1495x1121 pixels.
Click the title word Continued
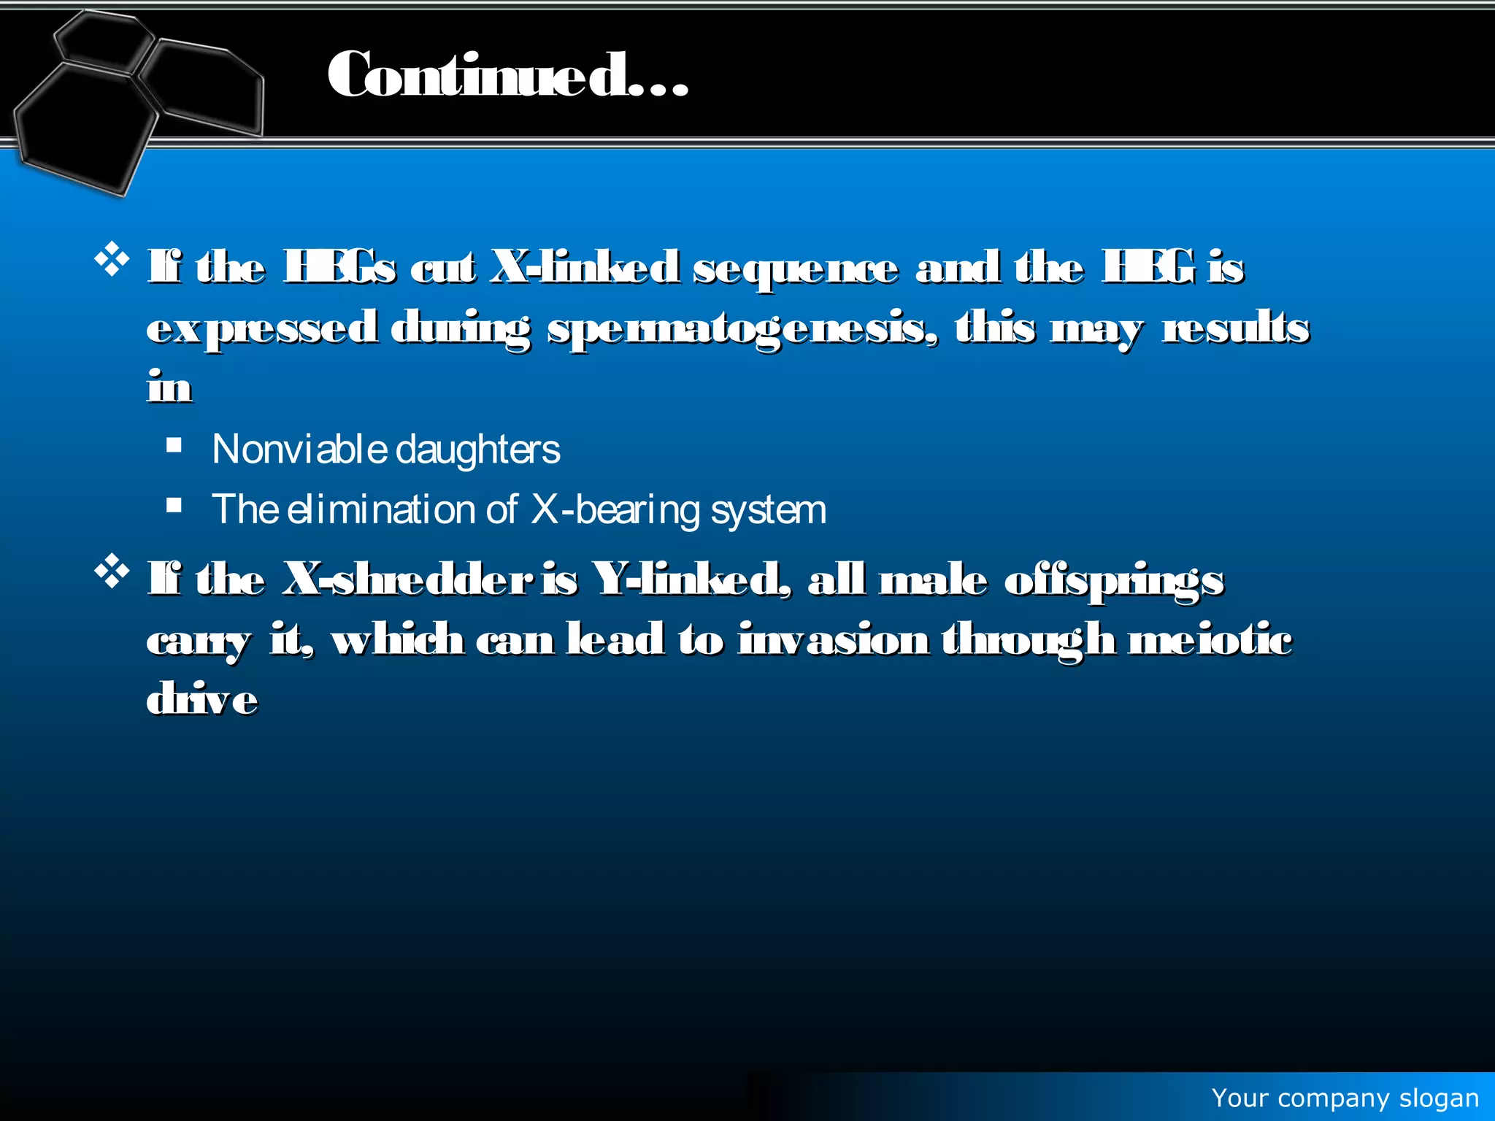[x=507, y=75]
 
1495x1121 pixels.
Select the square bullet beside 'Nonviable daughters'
[x=174, y=445]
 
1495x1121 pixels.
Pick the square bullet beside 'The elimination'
[x=174, y=505]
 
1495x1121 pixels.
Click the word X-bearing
[x=615, y=509]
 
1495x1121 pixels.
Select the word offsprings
[x=1114, y=582]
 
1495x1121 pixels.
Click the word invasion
[x=834, y=640]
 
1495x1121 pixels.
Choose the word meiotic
[x=1210, y=640]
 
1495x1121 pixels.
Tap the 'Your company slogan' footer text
[x=1345, y=1098]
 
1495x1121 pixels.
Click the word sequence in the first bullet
[x=795, y=269]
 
